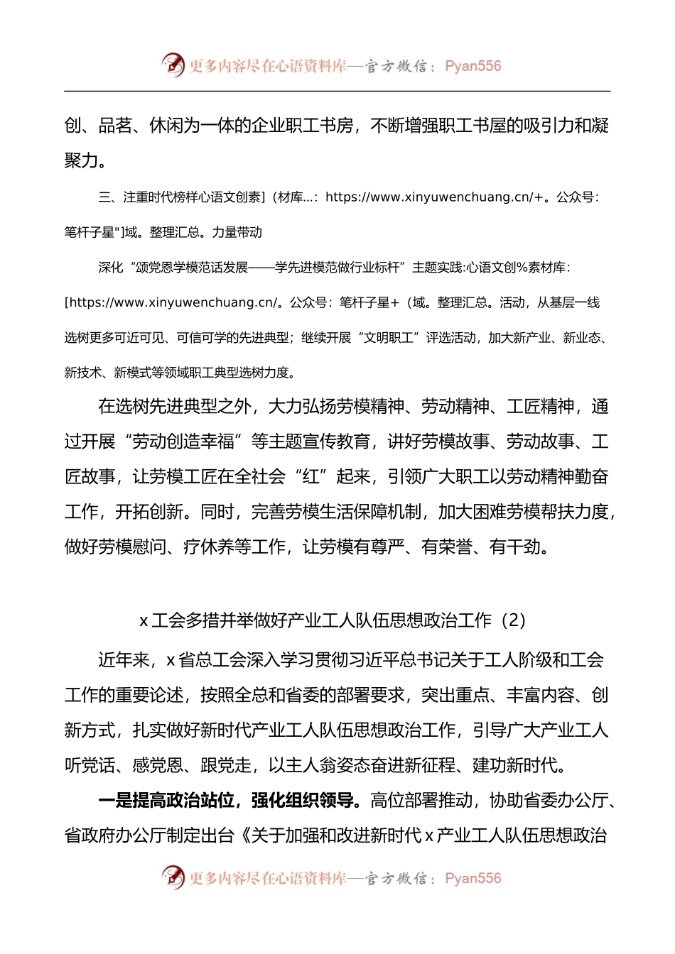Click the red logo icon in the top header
(x=173, y=65)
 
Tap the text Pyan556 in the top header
(x=473, y=66)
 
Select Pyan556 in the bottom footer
(x=473, y=879)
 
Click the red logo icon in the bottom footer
(x=173, y=877)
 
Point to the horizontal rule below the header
(x=337, y=91)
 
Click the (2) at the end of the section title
(x=514, y=620)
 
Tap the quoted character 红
(x=311, y=477)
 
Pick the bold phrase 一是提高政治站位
(x=166, y=801)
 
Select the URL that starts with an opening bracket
(x=171, y=303)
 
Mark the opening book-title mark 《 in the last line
(x=244, y=835)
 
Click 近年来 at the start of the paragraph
(x=124, y=660)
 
